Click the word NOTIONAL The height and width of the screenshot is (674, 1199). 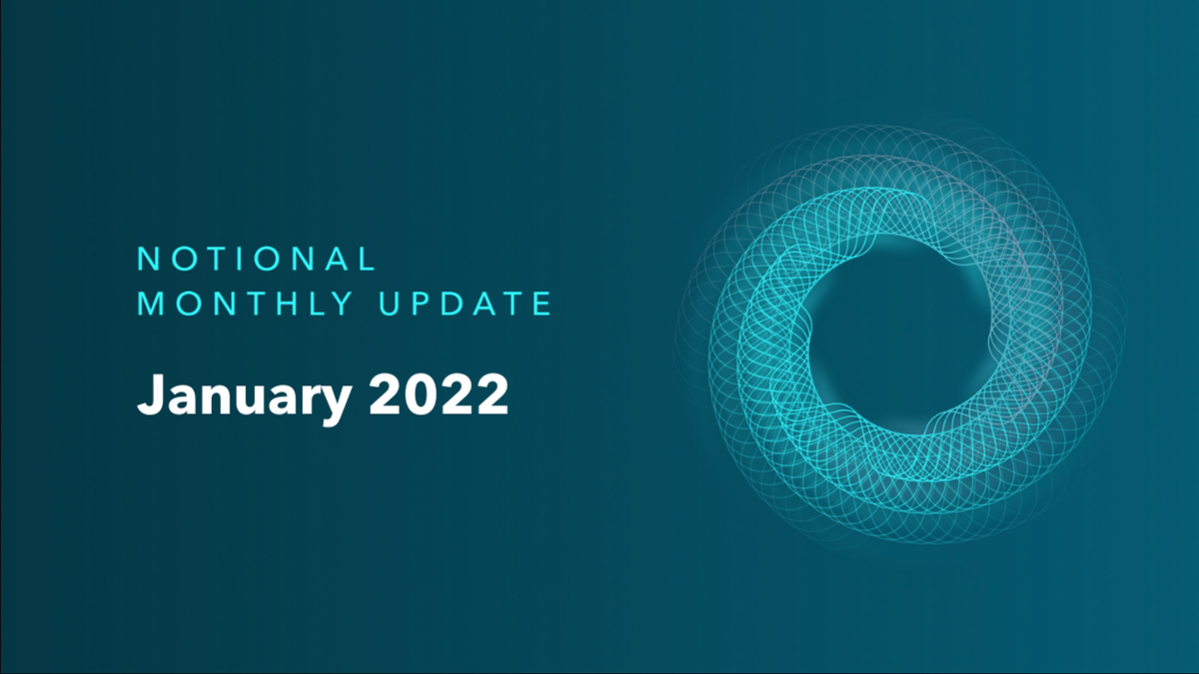pos(257,260)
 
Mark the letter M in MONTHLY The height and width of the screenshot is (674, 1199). pos(151,304)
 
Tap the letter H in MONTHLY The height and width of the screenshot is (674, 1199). pos(290,304)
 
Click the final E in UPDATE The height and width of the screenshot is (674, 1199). pos(542,304)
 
